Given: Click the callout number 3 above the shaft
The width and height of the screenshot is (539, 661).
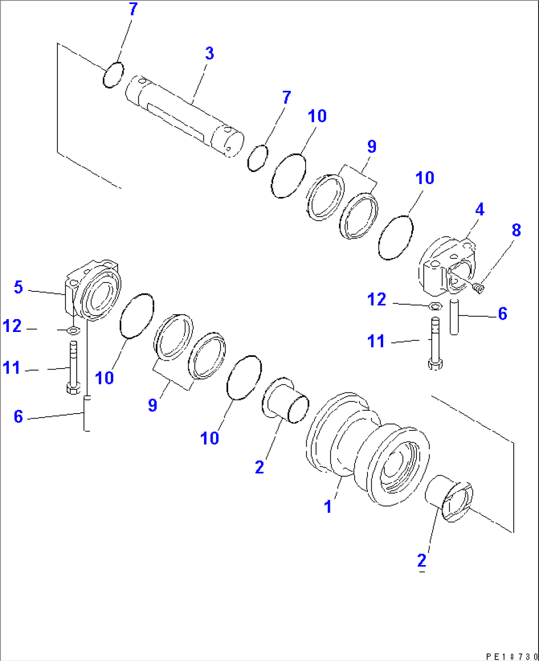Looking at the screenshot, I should [209, 53].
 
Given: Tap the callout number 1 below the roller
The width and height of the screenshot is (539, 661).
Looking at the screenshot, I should [327, 507].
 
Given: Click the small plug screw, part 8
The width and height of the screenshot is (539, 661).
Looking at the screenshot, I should [478, 287].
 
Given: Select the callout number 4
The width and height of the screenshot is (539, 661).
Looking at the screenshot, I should [479, 210].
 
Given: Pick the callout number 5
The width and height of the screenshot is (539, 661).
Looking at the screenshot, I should [18, 287].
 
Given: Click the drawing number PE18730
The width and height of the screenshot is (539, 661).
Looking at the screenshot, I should [510, 656].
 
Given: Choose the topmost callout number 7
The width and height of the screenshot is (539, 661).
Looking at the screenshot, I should [133, 9].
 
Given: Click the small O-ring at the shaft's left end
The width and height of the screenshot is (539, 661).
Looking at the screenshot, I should [113, 75].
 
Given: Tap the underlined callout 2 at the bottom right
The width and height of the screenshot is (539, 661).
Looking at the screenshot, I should [421, 561].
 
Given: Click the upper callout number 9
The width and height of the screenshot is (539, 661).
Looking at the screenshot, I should [371, 146].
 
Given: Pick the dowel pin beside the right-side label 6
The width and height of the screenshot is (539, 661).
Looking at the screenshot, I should [454, 316].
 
